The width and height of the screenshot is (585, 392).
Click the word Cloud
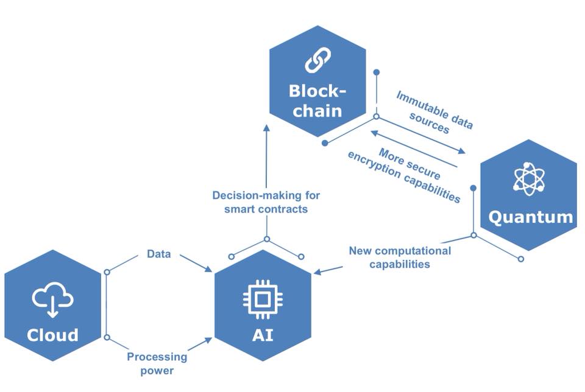point(52,335)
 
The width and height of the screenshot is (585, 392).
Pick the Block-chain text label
point(316,101)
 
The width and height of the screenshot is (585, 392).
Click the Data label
point(158,253)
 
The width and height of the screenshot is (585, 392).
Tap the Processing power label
point(157,363)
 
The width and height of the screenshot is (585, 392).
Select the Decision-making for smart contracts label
point(266,202)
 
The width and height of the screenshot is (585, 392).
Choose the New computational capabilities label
point(400,257)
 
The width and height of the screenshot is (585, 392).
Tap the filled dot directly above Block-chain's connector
point(377,72)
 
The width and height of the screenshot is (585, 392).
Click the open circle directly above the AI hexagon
point(266,239)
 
